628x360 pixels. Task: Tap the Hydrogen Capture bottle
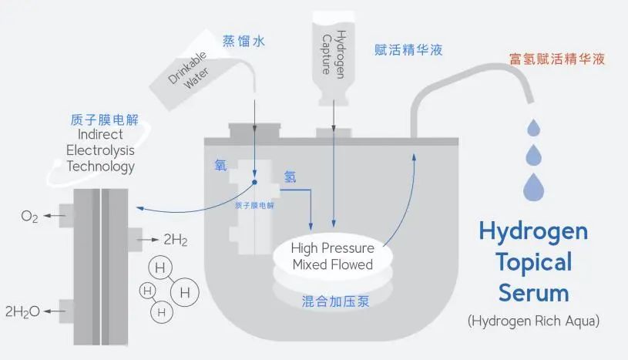coord(333,54)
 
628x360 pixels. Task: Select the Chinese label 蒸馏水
coord(243,42)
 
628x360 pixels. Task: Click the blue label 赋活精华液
coord(408,50)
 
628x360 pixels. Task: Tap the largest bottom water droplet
coord(535,186)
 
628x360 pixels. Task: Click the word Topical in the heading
coord(533,262)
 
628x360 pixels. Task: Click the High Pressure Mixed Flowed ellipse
coord(333,257)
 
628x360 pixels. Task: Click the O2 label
coord(29,217)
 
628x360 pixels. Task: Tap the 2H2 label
coord(174,241)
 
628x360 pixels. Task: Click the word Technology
coord(101,166)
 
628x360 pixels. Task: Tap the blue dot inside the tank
coord(255,183)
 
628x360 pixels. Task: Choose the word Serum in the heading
coord(533,293)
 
